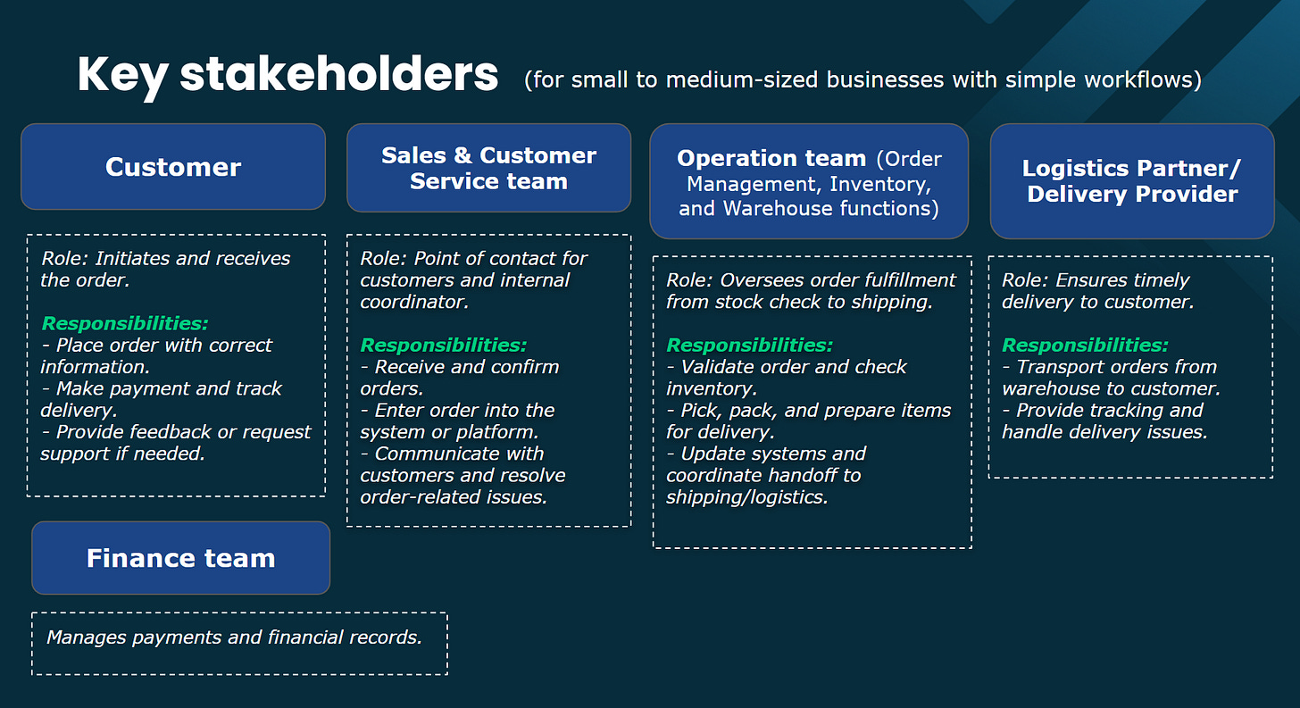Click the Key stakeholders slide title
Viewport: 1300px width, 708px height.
pyautogui.click(x=287, y=75)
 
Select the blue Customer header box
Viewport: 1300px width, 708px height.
pyautogui.click(x=173, y=167)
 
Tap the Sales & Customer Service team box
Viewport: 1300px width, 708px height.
pyautogui.click(x=488, y=168)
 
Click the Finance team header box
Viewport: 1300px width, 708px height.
pyautogui.click(x=180, y=558)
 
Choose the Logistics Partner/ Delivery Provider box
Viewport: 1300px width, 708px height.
pyautogui.click(x=1132, y=181)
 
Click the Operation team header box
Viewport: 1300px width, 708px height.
pyautogui.click(x=809, y=182)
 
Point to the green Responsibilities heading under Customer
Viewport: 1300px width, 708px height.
pyautogui.click(x=124, y=323)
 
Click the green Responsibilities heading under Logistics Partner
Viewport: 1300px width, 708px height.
pyautogui.click(x=1085, y=345)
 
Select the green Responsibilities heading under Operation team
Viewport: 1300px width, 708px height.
pyautogui.click(x=749, y=345)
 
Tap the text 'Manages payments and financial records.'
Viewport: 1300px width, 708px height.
pyautogui.click(x=234, y=637)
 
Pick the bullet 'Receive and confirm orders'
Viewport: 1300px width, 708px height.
pyautogui.click(x=460, y=378)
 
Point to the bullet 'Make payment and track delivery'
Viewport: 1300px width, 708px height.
pyautogui.click(x=161, y=399)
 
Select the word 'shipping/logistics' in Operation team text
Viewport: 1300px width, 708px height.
pyautogui.click(x=746, y=497)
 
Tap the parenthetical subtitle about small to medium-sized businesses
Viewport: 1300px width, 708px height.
pyautogui.click(x=862, y=79)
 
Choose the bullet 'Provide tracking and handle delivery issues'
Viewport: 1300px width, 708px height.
pyautogui.click(x=1104, y=421)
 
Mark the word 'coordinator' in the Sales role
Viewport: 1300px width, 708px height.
pyautogui.click(x=414, y=302)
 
